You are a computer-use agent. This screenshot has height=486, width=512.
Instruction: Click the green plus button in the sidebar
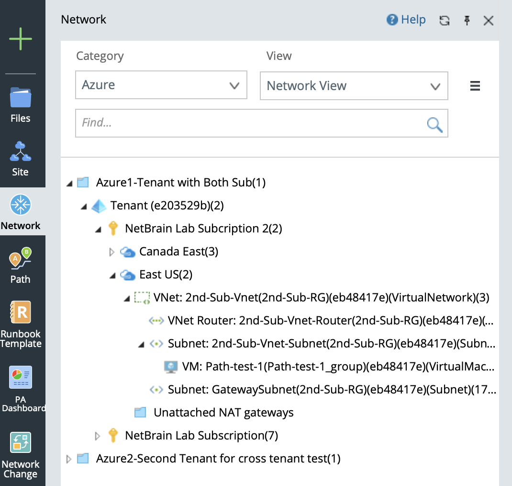coord(21,39)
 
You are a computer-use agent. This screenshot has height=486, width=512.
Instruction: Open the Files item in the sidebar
coord(21,104)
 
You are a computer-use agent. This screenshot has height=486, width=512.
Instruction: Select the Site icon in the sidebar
coord(21,158)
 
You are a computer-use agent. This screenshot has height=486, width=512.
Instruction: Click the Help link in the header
coord(406,20)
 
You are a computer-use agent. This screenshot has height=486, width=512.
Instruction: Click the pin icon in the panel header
coord(467,20)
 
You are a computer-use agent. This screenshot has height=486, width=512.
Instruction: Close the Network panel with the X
coord(488,20)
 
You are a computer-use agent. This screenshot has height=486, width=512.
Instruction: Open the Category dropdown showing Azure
coord(161,85)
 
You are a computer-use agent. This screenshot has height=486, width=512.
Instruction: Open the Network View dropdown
coord(354,86)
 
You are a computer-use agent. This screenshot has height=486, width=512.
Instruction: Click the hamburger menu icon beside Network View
coord(475,86)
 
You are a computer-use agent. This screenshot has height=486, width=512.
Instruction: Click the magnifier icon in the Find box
coord(434,124)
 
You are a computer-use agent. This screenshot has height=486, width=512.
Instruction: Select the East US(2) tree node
coord(166,275)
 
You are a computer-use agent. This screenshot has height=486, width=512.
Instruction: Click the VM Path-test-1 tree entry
coord(330,367)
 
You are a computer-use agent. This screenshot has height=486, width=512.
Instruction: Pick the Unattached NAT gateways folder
coord(223,413)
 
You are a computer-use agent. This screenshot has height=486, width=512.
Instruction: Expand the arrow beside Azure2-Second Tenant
coord(68,459)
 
